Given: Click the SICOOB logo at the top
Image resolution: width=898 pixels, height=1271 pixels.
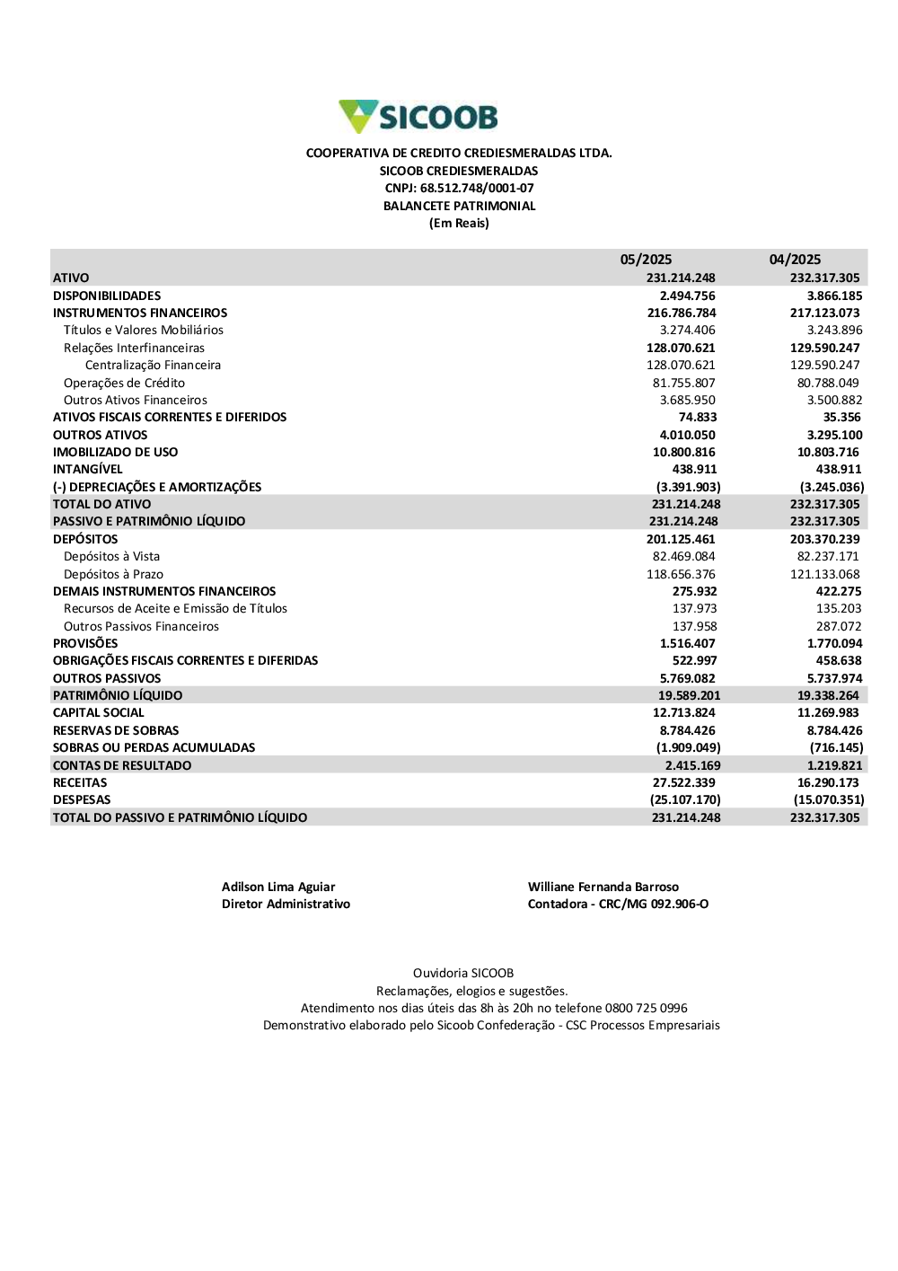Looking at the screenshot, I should pos(418,117).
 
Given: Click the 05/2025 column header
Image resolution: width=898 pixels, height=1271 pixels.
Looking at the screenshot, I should pos(646,260).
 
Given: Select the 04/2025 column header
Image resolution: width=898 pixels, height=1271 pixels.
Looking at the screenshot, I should pos(795,260).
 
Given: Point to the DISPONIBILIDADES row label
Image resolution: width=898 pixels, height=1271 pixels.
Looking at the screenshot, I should pos(107,296).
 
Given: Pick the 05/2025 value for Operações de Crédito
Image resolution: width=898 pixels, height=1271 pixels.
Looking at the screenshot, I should pos(683,383).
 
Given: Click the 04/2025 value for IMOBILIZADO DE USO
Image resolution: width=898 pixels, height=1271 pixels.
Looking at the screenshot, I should pos(828,452).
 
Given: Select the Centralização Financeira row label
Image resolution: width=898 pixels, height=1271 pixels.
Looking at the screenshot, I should pos(153,366).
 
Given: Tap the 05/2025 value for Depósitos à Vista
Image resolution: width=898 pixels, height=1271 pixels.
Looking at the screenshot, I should pos(683,557).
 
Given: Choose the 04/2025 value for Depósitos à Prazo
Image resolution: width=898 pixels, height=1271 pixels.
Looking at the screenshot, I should pos(824,574).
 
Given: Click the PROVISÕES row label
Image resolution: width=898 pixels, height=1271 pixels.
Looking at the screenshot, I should pos(85,643).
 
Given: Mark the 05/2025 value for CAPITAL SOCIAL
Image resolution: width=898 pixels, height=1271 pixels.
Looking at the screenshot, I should pos(683,713).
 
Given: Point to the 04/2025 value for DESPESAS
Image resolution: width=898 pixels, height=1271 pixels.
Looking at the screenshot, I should pos(828,800).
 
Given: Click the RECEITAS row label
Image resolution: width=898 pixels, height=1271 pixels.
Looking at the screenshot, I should pos(80,783).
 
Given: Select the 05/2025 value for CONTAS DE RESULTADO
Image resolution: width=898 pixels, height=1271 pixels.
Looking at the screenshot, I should pos(692,765).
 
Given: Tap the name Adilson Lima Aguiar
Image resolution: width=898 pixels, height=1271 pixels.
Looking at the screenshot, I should pos(278,887).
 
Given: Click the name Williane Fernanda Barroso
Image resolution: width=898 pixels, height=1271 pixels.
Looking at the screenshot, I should pos(603,887).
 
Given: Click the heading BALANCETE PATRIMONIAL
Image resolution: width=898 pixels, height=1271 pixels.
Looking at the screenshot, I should pos(459,206).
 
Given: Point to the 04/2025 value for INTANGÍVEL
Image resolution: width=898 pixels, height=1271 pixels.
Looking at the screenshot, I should pos(838,470).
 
